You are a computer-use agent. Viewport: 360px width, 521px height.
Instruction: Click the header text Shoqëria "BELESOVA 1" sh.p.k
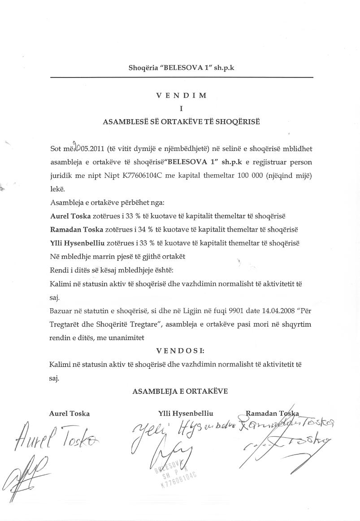[181, 68]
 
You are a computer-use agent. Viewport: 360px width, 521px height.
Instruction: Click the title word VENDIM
[181, 95]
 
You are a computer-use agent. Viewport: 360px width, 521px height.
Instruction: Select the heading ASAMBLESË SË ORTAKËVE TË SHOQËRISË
[181, 121]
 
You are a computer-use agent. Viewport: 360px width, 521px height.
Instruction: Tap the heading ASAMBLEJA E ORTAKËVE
[180, 391]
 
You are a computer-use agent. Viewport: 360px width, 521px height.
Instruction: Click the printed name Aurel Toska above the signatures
[69, 413]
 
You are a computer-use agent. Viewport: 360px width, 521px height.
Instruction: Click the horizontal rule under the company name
[181, 77]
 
